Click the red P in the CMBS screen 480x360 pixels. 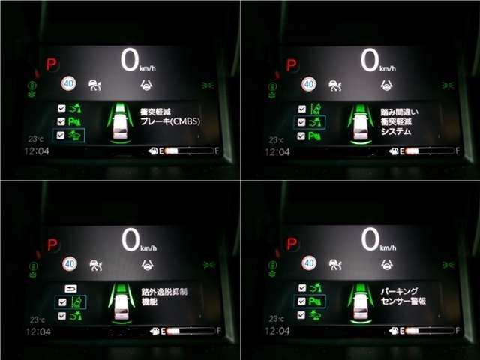(51, 65)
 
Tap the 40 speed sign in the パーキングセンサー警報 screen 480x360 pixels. (309, 262)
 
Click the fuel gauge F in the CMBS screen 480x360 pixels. (218, 151)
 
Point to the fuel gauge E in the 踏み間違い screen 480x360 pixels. (403, 151)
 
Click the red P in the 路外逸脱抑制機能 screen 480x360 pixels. (52, 244)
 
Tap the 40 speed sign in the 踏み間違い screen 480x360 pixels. (309, 84)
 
